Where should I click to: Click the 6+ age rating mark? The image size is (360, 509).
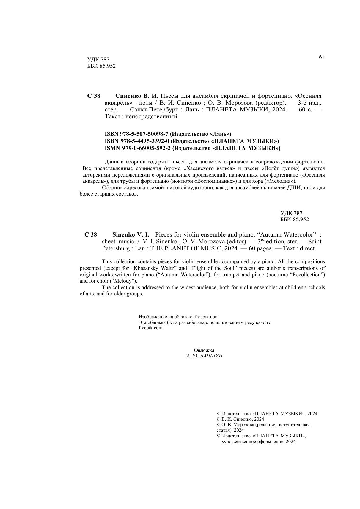pos(322,57)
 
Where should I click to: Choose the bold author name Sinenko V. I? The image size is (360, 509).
pos(131,234)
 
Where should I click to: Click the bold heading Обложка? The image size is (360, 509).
pos(204,350)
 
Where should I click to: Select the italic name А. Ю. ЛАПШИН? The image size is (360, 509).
pos(204,356)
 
